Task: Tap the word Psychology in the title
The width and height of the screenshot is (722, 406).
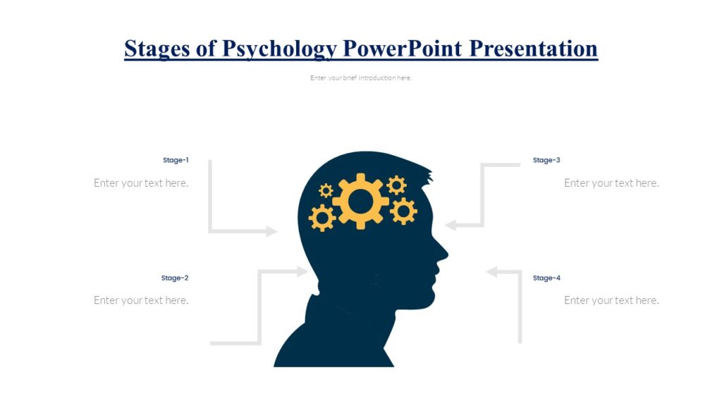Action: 279,49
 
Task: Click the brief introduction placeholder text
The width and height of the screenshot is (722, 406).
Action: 361,78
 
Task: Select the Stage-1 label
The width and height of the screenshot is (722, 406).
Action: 176,160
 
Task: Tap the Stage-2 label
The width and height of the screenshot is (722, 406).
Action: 175,278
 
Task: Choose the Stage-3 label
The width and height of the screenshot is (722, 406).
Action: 546,160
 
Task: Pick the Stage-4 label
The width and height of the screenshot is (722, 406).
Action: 546,278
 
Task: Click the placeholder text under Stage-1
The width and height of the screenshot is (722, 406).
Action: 141,183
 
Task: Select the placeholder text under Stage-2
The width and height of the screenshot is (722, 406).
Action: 141,300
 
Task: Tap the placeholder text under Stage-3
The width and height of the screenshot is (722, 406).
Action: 611,183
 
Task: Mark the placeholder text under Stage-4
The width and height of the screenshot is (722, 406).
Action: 611,300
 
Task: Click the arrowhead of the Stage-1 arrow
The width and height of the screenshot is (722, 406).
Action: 271,231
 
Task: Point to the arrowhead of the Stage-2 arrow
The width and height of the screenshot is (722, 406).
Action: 302,271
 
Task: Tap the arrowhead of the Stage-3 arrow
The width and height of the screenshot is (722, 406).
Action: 451,226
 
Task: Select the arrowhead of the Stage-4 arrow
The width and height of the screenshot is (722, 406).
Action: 492,271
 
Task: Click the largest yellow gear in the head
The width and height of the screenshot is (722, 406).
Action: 360,202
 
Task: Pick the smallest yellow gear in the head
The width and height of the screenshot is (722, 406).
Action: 326,190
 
